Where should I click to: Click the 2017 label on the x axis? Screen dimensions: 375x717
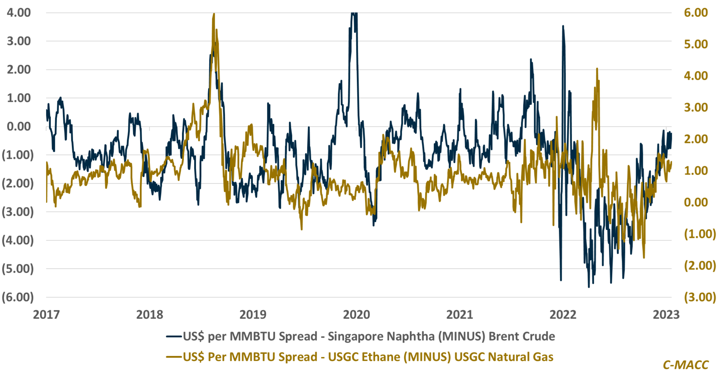(46, 315)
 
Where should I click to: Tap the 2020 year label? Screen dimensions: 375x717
(356, 315)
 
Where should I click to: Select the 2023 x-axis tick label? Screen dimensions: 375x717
(666, 315)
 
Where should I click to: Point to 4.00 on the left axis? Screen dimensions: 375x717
(19, 13)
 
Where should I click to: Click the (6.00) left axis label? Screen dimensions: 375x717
(18, 297)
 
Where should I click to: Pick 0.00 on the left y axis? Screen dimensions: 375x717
(19, 127)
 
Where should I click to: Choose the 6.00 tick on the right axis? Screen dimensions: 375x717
(696, 13)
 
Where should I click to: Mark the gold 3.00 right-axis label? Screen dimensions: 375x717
(696, 108)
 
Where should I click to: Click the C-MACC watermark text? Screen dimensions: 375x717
(686, 365)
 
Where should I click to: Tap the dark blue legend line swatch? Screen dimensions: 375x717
(174, 337)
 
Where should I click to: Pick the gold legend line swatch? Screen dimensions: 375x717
(174, 357)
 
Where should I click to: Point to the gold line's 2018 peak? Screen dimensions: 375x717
(214, 14)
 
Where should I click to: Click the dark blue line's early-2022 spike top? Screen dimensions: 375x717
(563, 26)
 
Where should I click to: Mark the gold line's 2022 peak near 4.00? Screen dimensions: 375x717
(597, 69)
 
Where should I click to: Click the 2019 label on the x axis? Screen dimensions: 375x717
(253, 315)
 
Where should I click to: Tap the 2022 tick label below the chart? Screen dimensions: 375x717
(563, 315)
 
